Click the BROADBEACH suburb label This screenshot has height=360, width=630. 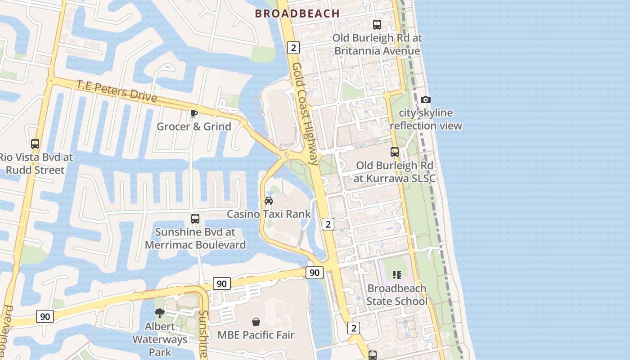pos(297,13)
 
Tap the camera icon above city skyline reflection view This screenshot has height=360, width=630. pos(425,99)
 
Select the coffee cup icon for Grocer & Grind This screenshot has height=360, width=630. pos(194,113)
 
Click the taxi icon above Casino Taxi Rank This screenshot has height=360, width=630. pos(269,200)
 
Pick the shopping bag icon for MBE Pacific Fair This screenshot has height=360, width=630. pos(256,322)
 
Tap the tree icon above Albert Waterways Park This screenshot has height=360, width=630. pos(159,313)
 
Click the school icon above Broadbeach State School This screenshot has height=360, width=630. pos(396,274)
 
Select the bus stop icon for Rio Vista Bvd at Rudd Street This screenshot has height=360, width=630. pos(35,144)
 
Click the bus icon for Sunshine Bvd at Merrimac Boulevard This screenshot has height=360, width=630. pos(195,219)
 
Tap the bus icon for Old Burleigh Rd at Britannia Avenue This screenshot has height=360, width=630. pos(377,25)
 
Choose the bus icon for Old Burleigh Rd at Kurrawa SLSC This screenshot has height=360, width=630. pos(395,152)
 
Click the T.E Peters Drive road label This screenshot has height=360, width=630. pos(117,91)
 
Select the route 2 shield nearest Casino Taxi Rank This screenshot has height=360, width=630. pos(328,224)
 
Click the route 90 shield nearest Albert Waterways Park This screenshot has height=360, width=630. pos(45,316)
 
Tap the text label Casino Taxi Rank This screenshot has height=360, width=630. pos(269,214)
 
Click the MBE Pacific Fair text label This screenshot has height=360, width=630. pos(256,335)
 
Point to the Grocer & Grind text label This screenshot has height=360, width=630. pos(194,126)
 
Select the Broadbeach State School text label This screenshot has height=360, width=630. pos(396,295)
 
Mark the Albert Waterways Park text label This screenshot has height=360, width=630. pos(160,339)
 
